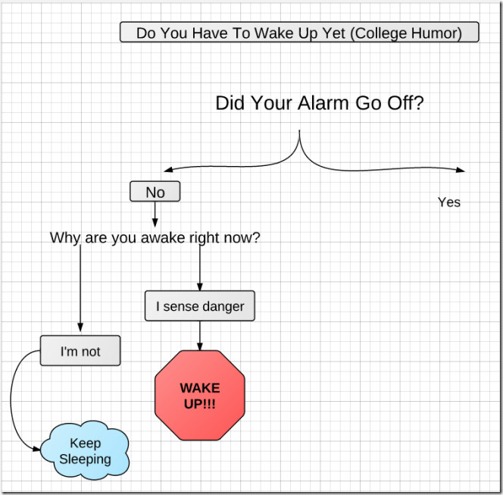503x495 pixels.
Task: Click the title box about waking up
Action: click(x=299, y=32)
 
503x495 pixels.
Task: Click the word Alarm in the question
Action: click(x=323, y=103)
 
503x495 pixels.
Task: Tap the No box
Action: click(x=155, y=192)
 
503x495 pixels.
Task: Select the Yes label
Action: click(x=449, y=202)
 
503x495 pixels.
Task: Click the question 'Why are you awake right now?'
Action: click(x=155, y=238)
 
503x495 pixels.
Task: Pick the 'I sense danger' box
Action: click(x=200, y=306)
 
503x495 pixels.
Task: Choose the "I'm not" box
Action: click(x=80, y=351)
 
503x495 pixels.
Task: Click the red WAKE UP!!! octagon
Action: click(x=200, y=395)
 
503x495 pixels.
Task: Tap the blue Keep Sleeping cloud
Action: click(x=86, y=450)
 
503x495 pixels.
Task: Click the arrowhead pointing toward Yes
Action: click(x=461, y=170)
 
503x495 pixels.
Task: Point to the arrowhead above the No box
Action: click(x=168, y=170)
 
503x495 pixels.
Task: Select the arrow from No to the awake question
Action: click(x=155, y=215)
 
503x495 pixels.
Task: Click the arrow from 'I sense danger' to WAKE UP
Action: click(x=200, y=336)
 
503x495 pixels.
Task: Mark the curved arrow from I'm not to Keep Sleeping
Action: click(x=11, y=399)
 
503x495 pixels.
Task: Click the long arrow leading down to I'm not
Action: click(x=80, y=288)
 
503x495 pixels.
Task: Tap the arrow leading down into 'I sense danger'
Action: click(x=200, y=268)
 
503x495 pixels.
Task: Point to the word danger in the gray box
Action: click(x=223, y=307)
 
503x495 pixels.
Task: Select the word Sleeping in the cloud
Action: click(x=86, y=459)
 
